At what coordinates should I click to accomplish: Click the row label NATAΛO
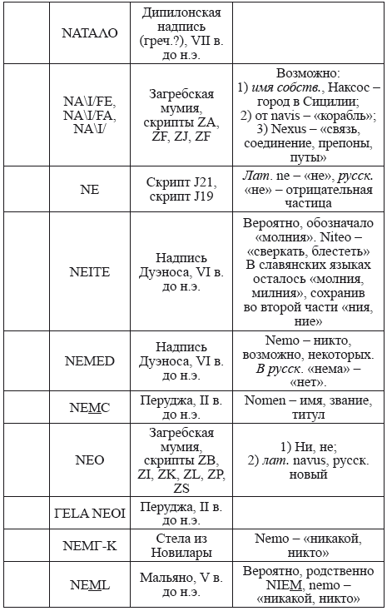click(x=90, y=33)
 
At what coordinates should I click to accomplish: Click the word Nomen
click(x=265, y=400)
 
